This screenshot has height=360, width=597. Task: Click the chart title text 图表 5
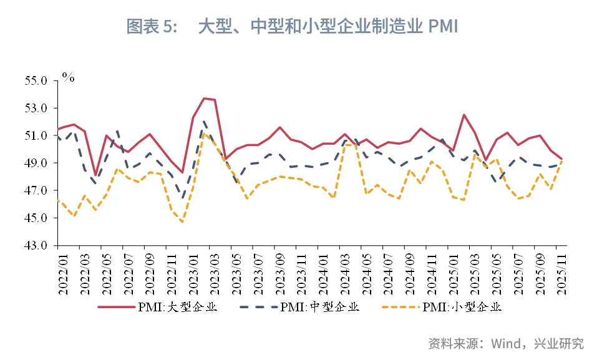(152, 26)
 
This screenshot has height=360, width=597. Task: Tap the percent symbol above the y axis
(68, 78)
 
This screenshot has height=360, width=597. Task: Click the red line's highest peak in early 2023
(204, 98)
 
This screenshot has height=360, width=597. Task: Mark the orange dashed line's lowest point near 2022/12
(182, 222)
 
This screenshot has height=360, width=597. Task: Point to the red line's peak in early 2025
(464, 115)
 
